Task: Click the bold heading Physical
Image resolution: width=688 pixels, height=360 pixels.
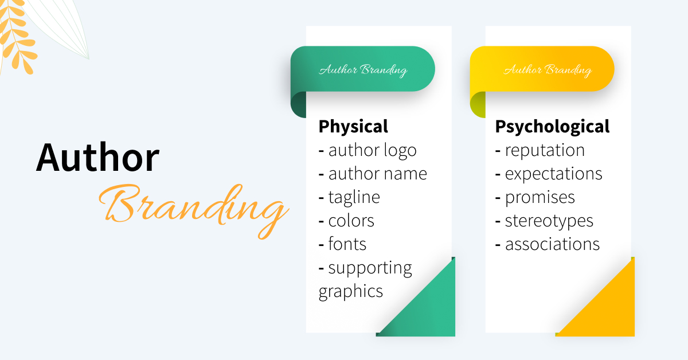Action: point(353,126)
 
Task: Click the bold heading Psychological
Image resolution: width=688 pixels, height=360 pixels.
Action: point(552,126)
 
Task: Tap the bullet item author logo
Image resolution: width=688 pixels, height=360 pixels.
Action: point(372,150)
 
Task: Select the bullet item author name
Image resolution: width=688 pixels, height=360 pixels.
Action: point(377,173)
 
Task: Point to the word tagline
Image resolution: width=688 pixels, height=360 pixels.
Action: point(354,197)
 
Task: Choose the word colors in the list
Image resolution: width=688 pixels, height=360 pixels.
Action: point(351,221)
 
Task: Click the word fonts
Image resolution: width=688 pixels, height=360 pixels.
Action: point(347,244)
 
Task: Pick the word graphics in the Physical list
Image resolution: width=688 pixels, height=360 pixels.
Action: point(350,291)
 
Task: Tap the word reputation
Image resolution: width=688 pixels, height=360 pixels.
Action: point(545,150)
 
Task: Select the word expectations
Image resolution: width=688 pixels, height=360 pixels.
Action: point(553,174)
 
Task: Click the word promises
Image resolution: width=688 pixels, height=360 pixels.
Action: point(540,197)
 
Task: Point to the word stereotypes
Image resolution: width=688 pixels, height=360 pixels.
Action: point(549,221)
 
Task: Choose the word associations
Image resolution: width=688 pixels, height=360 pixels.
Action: point(552,244)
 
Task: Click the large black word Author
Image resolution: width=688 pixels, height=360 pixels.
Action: point(97,157)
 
